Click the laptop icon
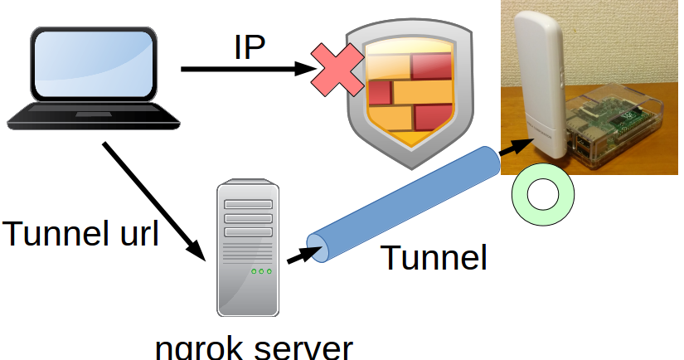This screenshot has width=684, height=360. click(x=93, y=79)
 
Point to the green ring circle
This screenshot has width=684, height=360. click(x=544, y=196)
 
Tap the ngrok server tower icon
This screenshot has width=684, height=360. click(x=246, y=248)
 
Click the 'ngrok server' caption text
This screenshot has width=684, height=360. click(x=254, y=347)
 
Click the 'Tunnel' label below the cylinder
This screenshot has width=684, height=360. click(x=434, y=259)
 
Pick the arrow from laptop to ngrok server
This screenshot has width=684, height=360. click(x=154, y=200)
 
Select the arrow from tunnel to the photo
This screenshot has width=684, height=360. click(x=514, y=147)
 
